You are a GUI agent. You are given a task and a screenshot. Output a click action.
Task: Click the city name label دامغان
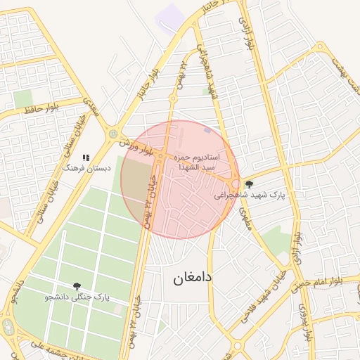pos(193,278)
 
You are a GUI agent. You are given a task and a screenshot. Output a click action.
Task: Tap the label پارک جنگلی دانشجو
pos(77,297)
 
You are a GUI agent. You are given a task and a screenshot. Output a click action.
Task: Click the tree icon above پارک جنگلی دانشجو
pos(77,286)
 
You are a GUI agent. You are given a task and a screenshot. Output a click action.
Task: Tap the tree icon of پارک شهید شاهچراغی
pos(249,184)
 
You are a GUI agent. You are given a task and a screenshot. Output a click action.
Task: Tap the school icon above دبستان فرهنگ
pos(86,158)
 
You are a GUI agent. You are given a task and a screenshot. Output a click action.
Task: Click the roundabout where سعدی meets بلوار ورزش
pos(113,133)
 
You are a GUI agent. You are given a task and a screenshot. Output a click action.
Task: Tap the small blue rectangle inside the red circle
pos(206,130)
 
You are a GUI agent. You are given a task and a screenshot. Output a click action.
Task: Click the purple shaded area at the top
pos(170,17)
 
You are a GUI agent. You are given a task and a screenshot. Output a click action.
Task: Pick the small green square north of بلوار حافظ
pos(23,98)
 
